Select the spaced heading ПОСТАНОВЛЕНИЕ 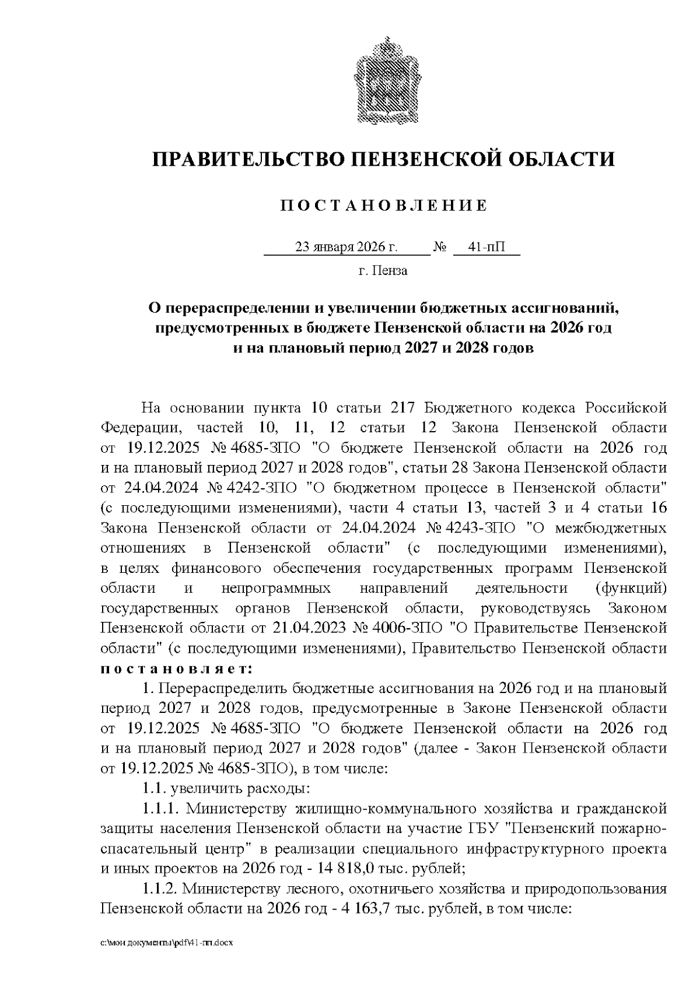[x=383, y=205]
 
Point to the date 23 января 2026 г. [x=346, y=247]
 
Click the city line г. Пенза [x=383, y=271]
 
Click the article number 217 [x=402, y=407]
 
